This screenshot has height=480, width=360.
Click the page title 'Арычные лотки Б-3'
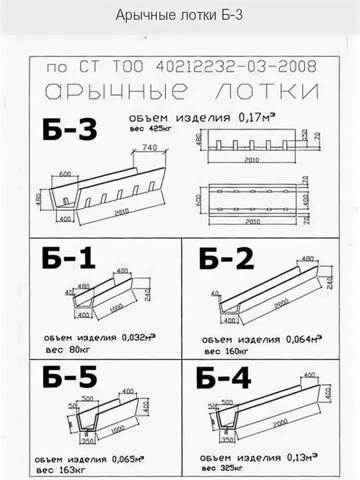(180, 15)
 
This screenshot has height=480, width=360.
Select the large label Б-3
(69, 130)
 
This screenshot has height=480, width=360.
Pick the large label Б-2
(226, 259)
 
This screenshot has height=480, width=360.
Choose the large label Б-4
(224, 379)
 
